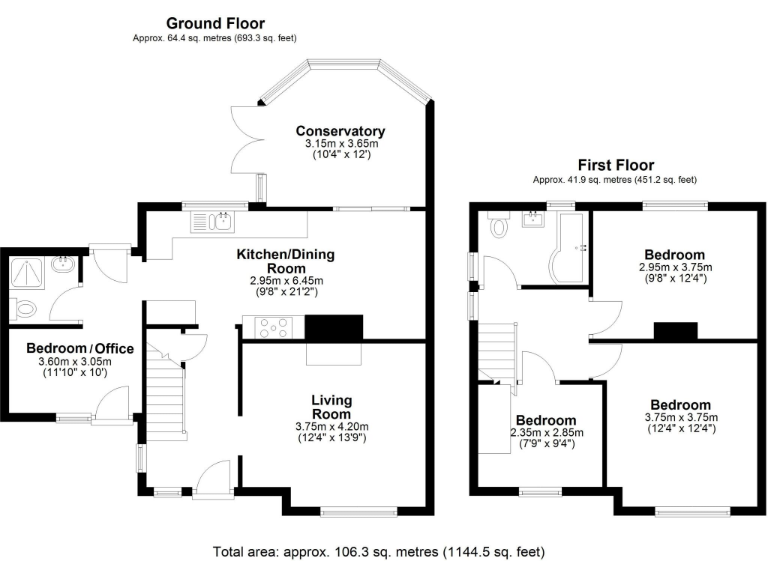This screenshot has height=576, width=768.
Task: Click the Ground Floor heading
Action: click(x=215, y=23)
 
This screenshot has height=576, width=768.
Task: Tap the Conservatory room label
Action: click(x=340, y=131)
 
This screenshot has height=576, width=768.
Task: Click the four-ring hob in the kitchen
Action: click(x=274, y=327)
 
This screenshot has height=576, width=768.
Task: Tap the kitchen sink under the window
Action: click(x=222, y=221)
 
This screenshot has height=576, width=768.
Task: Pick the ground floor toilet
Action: click(x=23, y=308)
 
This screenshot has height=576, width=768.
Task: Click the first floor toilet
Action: click(x=499, y=227)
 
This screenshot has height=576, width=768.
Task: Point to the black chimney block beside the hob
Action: click(x=334, y=328)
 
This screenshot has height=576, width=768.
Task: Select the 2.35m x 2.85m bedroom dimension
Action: click(x=546, y=433)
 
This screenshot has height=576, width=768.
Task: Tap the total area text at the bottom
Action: click(x=379, y=551)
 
